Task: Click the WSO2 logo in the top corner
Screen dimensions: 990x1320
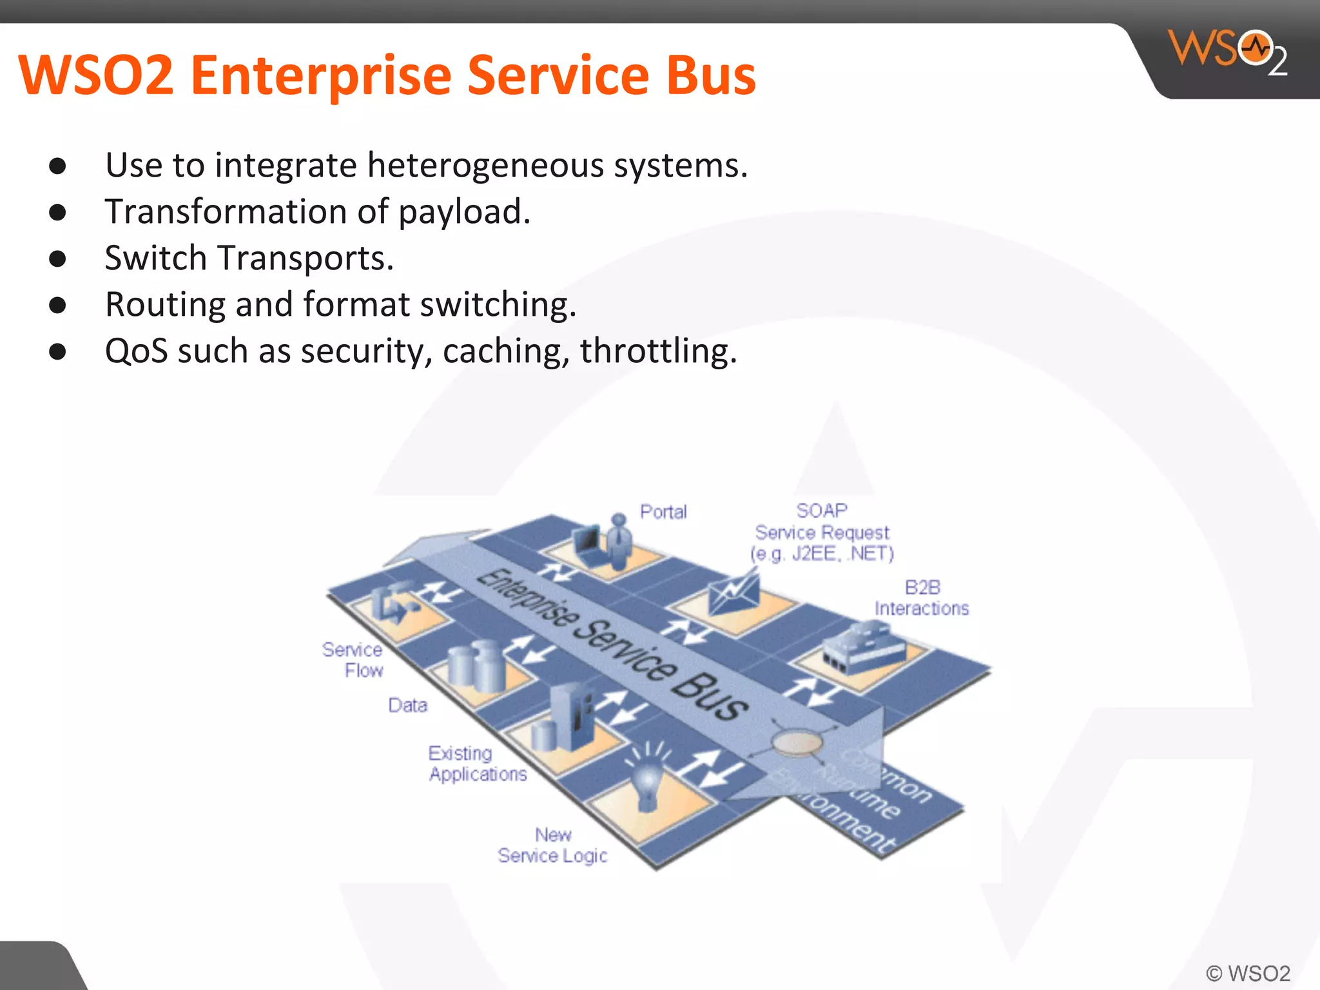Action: pyautogui.click(x=1228, y=52)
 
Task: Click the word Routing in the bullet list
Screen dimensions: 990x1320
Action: pyautogui.click(x=165, y=306)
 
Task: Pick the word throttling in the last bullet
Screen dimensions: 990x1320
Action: pyautogui.click(x=657, y=352)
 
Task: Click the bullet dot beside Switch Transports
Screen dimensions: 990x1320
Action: pyautogui.click(x=57, y=259)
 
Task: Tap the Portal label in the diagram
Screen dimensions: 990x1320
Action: pyautogui.click(x=663, y=512)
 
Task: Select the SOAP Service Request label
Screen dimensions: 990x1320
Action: pyautogui.click(x=822, y=532)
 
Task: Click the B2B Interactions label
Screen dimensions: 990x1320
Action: pyautogui.click(x=922, y=597)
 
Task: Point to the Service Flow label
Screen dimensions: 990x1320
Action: pyautogui.click(x=353, y=659)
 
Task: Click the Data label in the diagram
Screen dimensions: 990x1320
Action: pyautogui.click(x=407, y=705)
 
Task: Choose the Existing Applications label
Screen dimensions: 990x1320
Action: pyautogui.click(x=477, y=764)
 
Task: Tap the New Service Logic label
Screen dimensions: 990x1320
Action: pyautogui.click(x=552, y=846)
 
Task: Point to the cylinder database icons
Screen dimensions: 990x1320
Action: pyautogui.click(x=476, y=664)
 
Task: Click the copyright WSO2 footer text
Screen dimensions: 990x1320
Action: pyautogui.click(x=1248, y=973)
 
